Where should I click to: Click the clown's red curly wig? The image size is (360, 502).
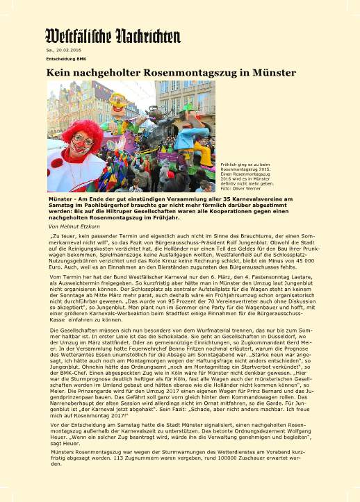(x=82, y=133)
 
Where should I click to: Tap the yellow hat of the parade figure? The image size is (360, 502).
(x=119, y=98)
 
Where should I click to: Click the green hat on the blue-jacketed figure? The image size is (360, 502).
(x=187, y=109)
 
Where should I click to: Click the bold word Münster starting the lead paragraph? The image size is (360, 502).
(x=59, y=198)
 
